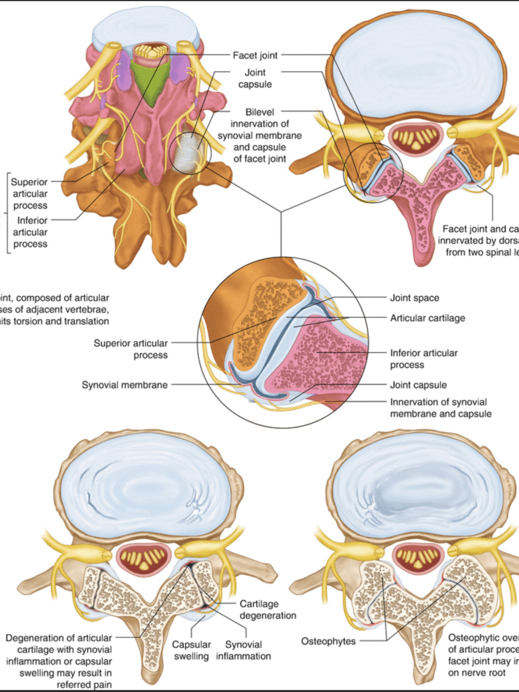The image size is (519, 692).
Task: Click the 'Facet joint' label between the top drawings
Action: (x=255, y=55)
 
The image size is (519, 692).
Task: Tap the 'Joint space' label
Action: (x=415, y=298)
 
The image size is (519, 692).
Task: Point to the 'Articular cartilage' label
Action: (x=427, y=318)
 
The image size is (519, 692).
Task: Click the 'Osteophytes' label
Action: (x=329, y=641)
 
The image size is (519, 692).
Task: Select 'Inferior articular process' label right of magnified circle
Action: (x=423, y=359)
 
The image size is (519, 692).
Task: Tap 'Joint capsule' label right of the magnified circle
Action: (x=418, y=385)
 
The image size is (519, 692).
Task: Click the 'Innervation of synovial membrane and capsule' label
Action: (x=438, y=408)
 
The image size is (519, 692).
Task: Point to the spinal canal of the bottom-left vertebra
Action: (x=144, y=559)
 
